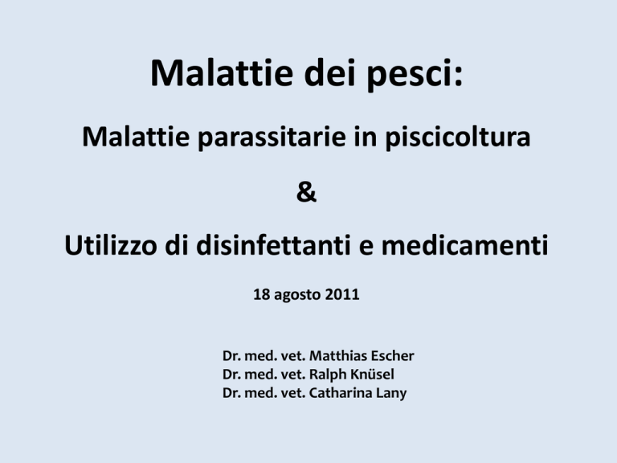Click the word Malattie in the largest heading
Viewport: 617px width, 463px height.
(x=222, y=72)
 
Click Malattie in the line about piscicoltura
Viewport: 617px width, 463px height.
(x=136, y=137)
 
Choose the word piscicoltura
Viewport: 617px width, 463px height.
(x=458, y=138)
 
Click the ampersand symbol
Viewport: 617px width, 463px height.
(x=306, y=192)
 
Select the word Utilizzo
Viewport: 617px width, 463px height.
(x=111, y=245)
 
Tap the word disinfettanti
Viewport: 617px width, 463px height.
(x=273, y=245)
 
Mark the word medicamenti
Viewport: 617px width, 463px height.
(x=464, y=245)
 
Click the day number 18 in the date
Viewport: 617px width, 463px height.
(x=261, y=294)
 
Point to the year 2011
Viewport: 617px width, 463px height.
(x=342, y=294)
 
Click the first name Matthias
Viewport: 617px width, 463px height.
(x=338, y=355)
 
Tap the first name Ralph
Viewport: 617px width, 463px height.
(x=328, y=375)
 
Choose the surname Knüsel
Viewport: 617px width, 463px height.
(x=372, y=374)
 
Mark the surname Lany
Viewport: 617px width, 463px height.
(x=391, y=393)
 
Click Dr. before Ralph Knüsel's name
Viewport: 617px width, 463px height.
(x=231, y=374)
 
